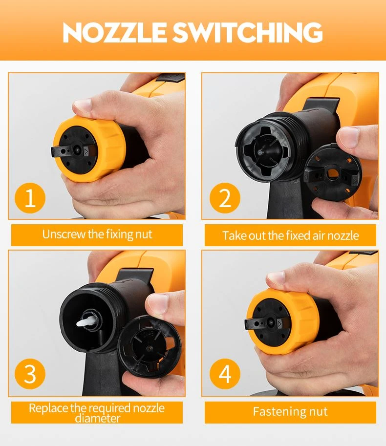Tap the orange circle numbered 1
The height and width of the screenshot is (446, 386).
pos(30,198)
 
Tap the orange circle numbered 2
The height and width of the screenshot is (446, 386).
pos(225,198)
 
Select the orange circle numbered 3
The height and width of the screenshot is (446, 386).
pos(30,374)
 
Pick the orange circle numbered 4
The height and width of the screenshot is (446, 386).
pos(225,374)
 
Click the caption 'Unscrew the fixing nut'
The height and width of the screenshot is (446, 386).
pos(97,234)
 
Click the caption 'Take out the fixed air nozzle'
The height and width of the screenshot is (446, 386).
pos(290,235)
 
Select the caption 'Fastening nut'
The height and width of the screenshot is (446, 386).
pos(290,411)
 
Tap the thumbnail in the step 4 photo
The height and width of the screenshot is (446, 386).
pos(276,278)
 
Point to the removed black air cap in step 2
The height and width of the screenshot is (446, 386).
pos(333,173)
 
